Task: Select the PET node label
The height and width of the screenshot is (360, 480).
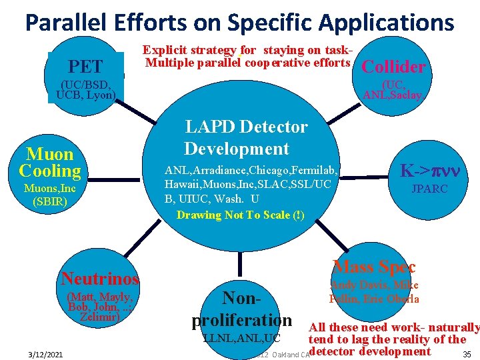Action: [86, 67]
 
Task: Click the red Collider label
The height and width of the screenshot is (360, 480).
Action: [393, 67]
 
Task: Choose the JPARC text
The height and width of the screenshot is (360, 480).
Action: [429, 189]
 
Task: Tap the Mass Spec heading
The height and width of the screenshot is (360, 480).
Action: [374, 267]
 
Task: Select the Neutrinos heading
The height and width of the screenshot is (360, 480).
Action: [100, 279]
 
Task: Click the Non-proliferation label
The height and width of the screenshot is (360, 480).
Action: [242, 308]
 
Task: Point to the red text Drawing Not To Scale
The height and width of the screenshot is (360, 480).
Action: [240, 215]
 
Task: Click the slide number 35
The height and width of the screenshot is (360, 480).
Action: [466, 353]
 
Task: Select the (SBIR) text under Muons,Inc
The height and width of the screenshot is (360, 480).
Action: [50, 201]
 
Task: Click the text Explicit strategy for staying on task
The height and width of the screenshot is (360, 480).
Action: [247, 50]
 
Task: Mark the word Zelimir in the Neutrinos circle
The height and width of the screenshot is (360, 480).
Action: [99, 317]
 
